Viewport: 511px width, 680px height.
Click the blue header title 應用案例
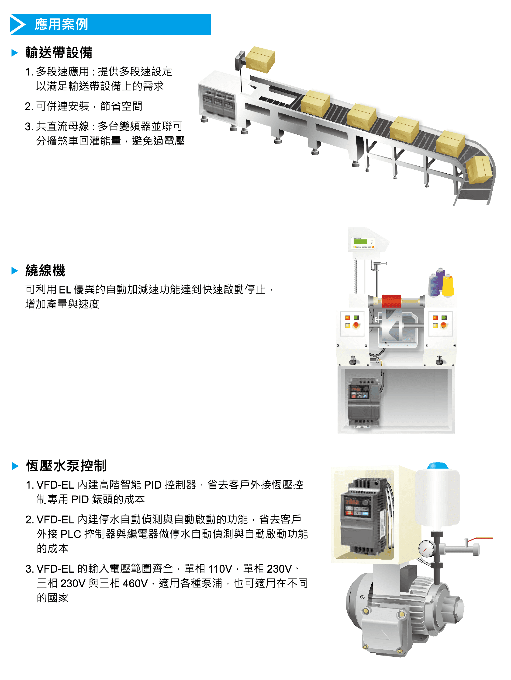pos(61,24)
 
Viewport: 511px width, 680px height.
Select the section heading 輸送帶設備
pos(59,53)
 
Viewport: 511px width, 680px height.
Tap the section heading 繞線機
pos(45,270)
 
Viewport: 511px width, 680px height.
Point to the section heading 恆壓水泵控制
pos(66,466)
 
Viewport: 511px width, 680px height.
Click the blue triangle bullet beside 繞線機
pos(15,270)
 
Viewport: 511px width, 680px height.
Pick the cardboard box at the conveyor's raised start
pos(260,59)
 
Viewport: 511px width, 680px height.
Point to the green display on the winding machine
pos(361,242)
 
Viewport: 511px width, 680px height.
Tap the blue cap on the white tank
pos(438,465)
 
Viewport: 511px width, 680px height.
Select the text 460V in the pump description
pos(135,583)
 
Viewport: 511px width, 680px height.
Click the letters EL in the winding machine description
pos(65,290)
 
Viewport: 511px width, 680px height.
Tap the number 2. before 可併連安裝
pos(29,106)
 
